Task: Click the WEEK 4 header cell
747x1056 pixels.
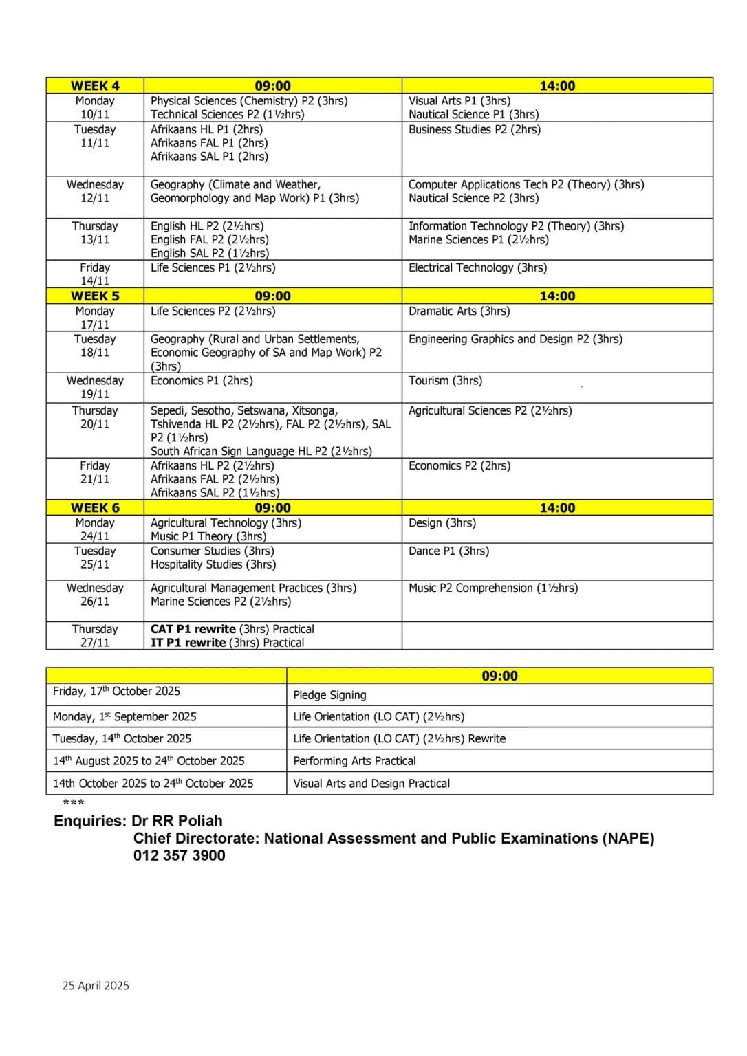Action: (x=95, y=86)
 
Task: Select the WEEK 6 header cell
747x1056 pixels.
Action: (x=95, y=508)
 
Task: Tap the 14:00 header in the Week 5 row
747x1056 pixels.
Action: (x=557, y=296)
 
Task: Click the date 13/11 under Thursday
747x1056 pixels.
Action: (x=95, y=240)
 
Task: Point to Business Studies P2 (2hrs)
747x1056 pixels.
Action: (x=474, y=130)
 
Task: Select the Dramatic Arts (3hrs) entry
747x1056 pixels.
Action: (x=459, y=311)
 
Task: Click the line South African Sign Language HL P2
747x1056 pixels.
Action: (x=261, y=452)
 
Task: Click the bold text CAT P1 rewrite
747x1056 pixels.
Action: (x=193, y=630)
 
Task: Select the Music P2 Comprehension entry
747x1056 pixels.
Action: (x=492, y=588)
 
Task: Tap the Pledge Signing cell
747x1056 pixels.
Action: (x=329, y=695)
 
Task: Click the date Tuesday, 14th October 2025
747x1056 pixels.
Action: (x=122, y=739)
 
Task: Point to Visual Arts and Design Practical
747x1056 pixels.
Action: (x=371, y=784)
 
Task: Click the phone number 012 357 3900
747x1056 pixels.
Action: (x=179, y=856)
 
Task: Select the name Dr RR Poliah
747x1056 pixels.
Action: (x=177, y=822)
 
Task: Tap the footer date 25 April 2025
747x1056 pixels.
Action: (x=96, y=986)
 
